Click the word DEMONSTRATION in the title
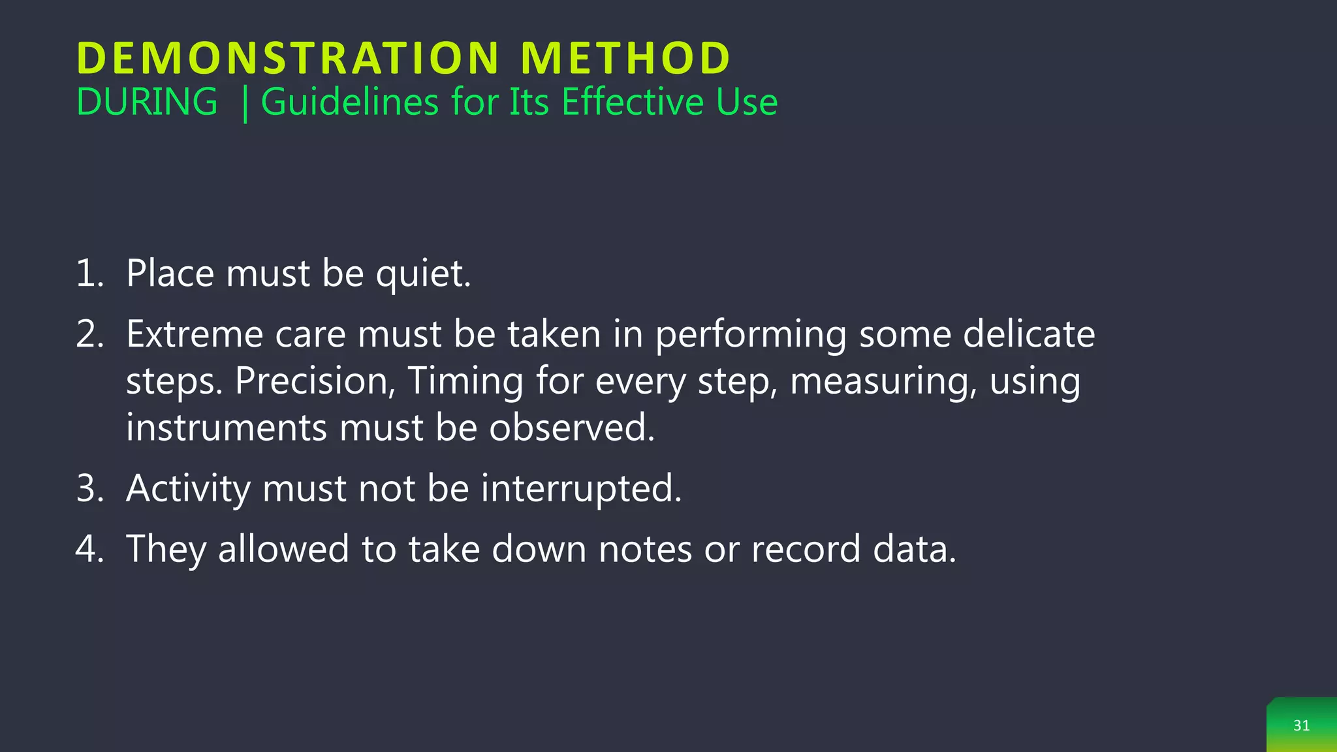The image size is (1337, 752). coord(288,59)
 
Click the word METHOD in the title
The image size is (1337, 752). coord(625,59)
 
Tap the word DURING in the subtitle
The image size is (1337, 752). coord(147,102)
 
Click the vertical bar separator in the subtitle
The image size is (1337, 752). coord(245,104)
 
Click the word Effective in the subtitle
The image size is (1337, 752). coord(632,102)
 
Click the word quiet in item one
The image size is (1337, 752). coord(422,274)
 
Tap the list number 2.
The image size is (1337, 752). coord(89,335)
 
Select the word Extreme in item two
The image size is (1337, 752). coord(194,335)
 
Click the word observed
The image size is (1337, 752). coord(572,428)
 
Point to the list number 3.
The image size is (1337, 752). coord(89,489)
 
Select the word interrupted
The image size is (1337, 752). coord(581,489)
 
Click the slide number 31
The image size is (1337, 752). coord(1301,726)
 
